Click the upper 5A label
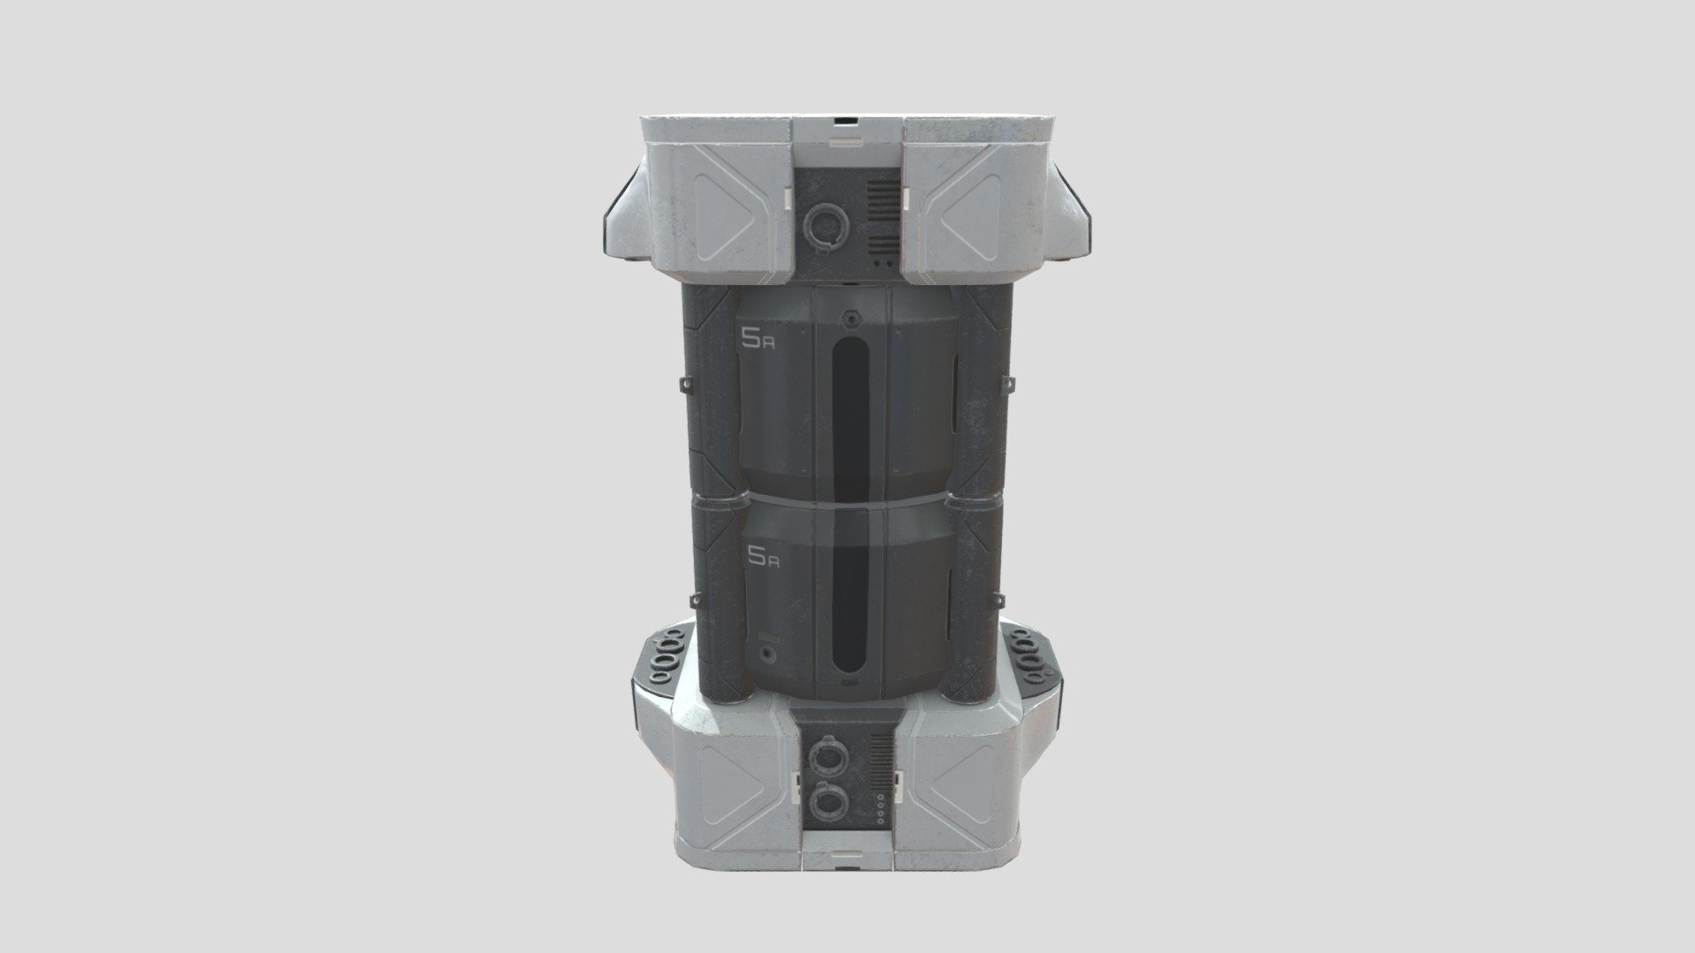[758, 339]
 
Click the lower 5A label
[762, 555]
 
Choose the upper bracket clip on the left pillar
[685, 386]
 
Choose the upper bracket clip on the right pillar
[1010, 382]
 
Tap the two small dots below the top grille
[880, 262]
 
